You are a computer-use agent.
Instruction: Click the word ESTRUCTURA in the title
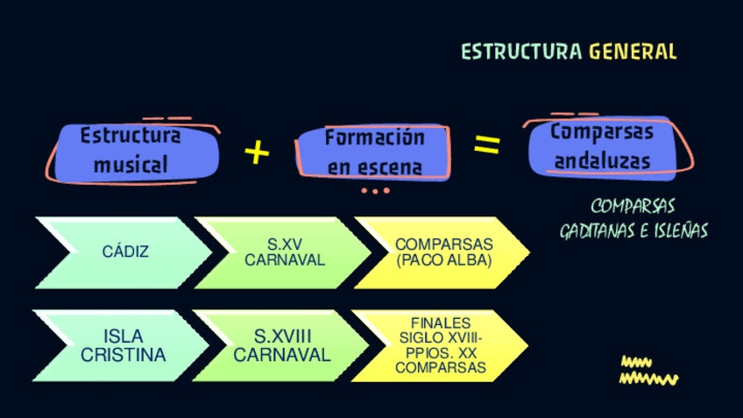(521, 52)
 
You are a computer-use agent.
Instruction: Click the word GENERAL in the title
(633, 52)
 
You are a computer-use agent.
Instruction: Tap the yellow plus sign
(257, 152)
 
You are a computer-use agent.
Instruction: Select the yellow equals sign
(487, 145)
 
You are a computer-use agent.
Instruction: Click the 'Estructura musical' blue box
(131, 151)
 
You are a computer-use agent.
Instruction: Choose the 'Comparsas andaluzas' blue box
(603, 146)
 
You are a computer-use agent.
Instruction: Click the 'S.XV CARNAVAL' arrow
(284, 252)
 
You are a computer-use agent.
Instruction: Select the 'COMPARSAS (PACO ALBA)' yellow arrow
(443, 252)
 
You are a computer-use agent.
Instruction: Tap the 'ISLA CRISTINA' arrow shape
(123, 346)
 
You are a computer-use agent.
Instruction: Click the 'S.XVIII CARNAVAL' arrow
(282, 346)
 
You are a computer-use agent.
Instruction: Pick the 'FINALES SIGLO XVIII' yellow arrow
(441, 346)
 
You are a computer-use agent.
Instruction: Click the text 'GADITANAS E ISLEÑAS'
(633, 231)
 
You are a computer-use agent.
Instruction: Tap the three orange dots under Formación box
(375, 190)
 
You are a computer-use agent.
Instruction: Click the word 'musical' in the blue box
(131, 165)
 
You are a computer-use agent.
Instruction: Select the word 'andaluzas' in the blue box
(603, 161)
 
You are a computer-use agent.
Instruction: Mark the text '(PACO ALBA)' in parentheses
(444, 261)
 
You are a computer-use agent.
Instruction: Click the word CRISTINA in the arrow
(123, 356)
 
